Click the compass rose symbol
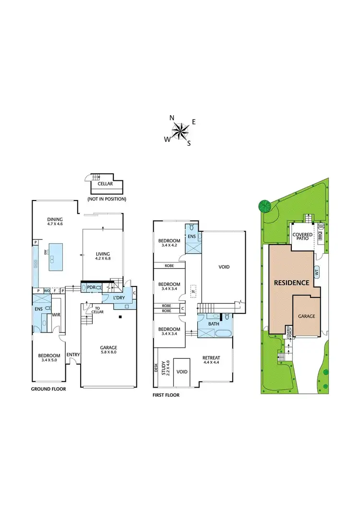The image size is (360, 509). click(180, 130)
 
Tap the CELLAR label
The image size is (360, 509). click(105, 184)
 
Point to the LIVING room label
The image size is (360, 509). click(103, 254)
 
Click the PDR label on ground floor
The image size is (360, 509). click(91, 287)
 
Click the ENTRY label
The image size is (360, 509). click(73, 355)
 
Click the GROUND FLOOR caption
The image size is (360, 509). click(48, 389)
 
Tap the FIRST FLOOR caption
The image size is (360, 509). click(167, 395)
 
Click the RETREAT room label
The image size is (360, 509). click(212, 357)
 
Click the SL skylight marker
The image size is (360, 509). click(193, 291)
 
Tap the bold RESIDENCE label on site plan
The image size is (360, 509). click(291, 283)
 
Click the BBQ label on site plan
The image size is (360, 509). click(320, 237)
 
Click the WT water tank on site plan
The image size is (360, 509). click(316, 272)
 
